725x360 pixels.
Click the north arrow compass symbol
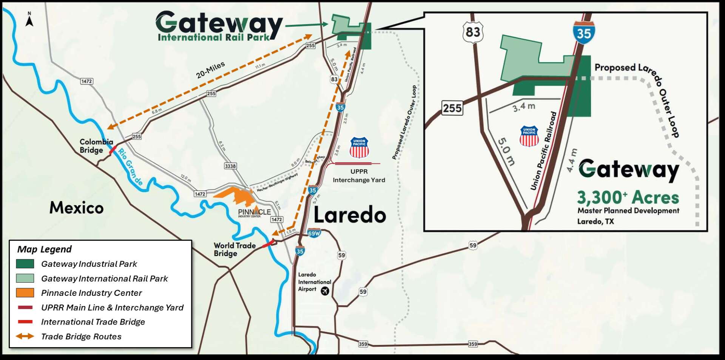(29, 20)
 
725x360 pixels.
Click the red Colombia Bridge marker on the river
(113, 149)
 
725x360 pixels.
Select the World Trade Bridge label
(234, 249)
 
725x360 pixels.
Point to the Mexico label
(76, 208)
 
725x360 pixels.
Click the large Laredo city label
(350, 215)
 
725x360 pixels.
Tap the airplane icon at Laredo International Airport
(325, 291)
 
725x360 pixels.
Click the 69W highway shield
(314, 233)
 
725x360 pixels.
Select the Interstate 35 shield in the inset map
(583, 33)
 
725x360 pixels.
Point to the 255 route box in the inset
(452, 108)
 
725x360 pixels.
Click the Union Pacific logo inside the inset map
(529, 136)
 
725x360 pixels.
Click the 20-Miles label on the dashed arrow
(210, 70)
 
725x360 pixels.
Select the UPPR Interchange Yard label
(359, 176)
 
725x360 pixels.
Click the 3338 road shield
(230, 166)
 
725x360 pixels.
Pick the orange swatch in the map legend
(25, 293)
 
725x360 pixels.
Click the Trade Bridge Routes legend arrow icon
(25, 336)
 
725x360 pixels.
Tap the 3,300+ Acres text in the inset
(628, 197)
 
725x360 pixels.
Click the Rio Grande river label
(130, 167)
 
